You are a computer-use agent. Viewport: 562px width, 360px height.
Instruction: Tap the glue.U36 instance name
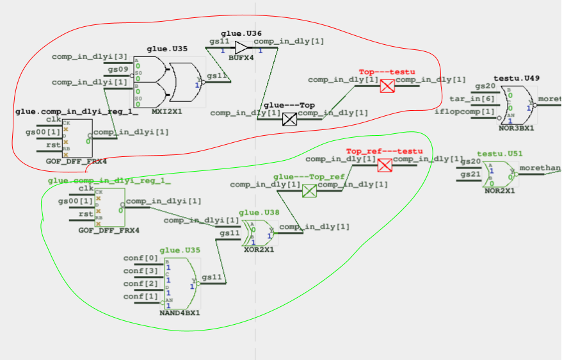pyautogui.click(x=241, y=33)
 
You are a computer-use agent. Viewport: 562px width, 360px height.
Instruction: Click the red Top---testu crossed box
pyautogui.click(x=387, y=86)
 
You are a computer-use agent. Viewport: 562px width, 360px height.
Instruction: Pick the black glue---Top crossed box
pyautogui.click(x=290, y=119)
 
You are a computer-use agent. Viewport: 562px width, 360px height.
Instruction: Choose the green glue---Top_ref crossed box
pyautogui.click(x=309, y=191)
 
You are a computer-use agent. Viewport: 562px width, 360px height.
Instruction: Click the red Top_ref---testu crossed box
pyautogui.click(x=385, y=166)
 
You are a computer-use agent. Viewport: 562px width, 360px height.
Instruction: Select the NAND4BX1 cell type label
pyautogui.click(x=180, y=314)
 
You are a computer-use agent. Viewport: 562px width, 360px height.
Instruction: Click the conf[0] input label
pyautogui.click(x=141, y=259)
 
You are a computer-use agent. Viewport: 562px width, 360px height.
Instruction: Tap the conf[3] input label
pyautogui.click(x=141, y=271)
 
